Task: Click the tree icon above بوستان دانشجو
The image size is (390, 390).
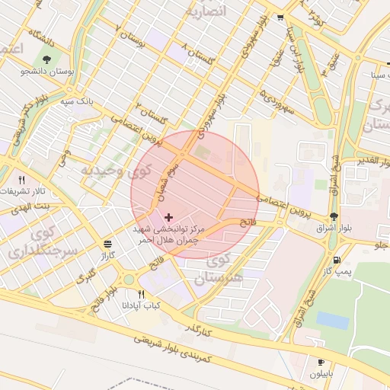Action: point(47,59)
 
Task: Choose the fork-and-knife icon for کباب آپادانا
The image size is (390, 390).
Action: point(141,295)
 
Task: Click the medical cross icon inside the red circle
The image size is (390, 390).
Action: point(168,218)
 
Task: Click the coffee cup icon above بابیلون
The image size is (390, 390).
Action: point(321,362)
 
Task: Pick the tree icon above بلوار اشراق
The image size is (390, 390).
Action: point(334,216)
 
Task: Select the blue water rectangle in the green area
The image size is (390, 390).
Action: point(333,319)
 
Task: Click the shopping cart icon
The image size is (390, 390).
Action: point(280,18)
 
